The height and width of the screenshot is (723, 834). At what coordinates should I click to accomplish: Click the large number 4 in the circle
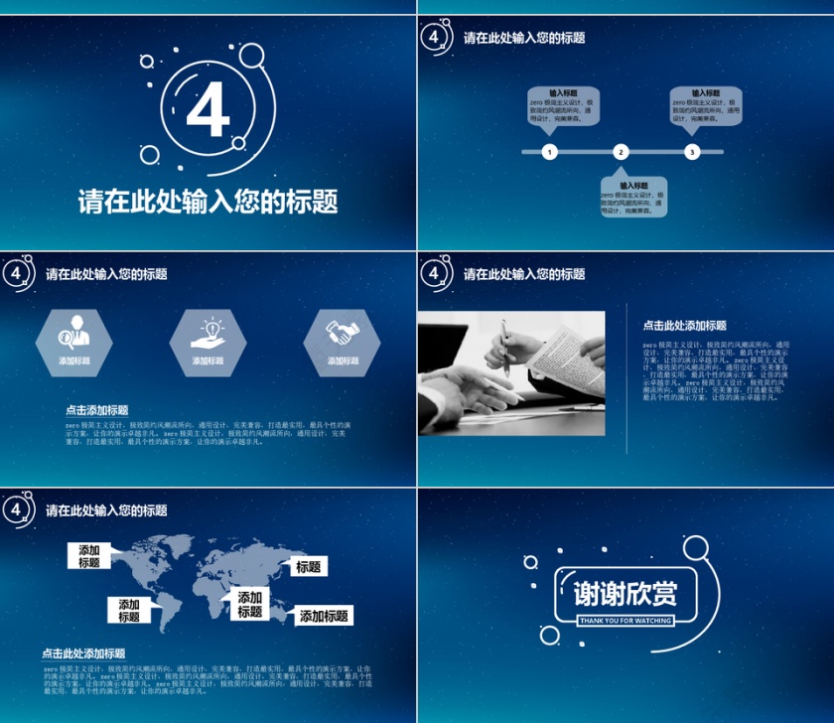click(208, 111)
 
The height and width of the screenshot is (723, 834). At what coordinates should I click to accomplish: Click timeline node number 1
click(550, 152)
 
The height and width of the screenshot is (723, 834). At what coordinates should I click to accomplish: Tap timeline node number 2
click(621, 152)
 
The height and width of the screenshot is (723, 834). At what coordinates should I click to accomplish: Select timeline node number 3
click(692, 152)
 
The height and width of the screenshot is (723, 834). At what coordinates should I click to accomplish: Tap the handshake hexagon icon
click(343, 334)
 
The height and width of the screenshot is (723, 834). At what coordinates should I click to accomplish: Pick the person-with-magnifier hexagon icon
click(74, 334)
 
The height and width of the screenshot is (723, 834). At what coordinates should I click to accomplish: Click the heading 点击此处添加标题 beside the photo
click(684, 325)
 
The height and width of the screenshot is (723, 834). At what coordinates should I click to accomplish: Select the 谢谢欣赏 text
click(625, 594)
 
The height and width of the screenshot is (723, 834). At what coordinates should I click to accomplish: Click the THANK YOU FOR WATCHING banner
click(625, 621)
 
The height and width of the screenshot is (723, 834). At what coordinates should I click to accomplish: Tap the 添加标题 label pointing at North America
click(90, 556)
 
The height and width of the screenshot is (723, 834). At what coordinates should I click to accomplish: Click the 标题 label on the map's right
click(309, 567)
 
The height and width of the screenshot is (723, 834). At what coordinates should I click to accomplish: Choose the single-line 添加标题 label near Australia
click(325, 616)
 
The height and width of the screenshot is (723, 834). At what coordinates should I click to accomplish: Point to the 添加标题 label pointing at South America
click(129, 610)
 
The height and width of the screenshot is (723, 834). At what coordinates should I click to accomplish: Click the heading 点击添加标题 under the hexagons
click(96, 410)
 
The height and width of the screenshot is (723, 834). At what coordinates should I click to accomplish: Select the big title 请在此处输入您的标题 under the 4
click(208, 202)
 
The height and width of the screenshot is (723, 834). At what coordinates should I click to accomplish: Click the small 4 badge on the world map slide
click(16, 509)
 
